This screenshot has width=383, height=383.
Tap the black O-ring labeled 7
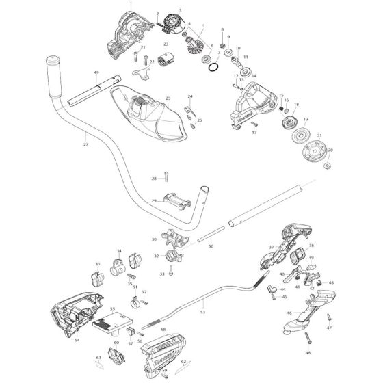click(213, 68)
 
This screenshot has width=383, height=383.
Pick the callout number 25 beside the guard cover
click(168, 98)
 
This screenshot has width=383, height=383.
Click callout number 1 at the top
click(129, 4)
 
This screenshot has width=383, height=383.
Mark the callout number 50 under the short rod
click(211, 246)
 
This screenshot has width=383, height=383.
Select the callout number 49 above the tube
click(96, 72)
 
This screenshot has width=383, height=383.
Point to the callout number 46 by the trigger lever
click(289, 313)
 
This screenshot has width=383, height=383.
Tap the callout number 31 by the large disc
click(319, 136)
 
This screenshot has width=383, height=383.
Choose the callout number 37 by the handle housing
click(272, 247)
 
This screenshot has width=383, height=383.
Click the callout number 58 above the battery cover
click(162, 330)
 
